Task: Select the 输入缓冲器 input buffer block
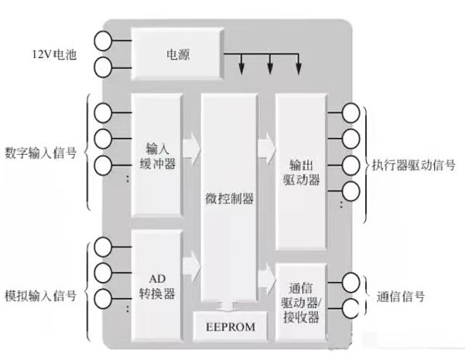coord(157,155)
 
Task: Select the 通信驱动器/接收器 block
coord(302,304)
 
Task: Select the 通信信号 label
coord(401,295)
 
